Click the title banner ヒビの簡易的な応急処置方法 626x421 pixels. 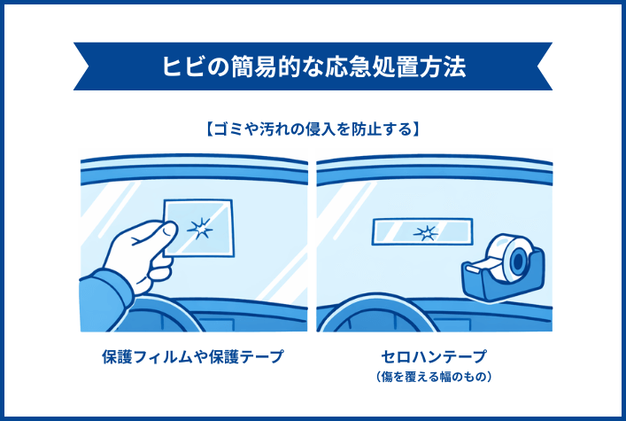[313, 67]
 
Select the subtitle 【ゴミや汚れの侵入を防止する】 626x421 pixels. [313, 129]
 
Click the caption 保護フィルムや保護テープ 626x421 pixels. [193, 357]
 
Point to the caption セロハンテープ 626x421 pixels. [433, 356]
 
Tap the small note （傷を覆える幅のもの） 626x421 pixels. [433, 377]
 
